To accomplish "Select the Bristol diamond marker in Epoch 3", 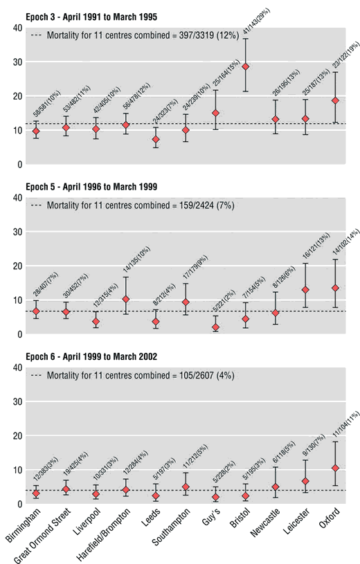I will (x=245, y=67).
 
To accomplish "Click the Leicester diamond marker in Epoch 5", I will (x=305, y=290).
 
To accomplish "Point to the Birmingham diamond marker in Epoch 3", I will (x=35, y=131).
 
